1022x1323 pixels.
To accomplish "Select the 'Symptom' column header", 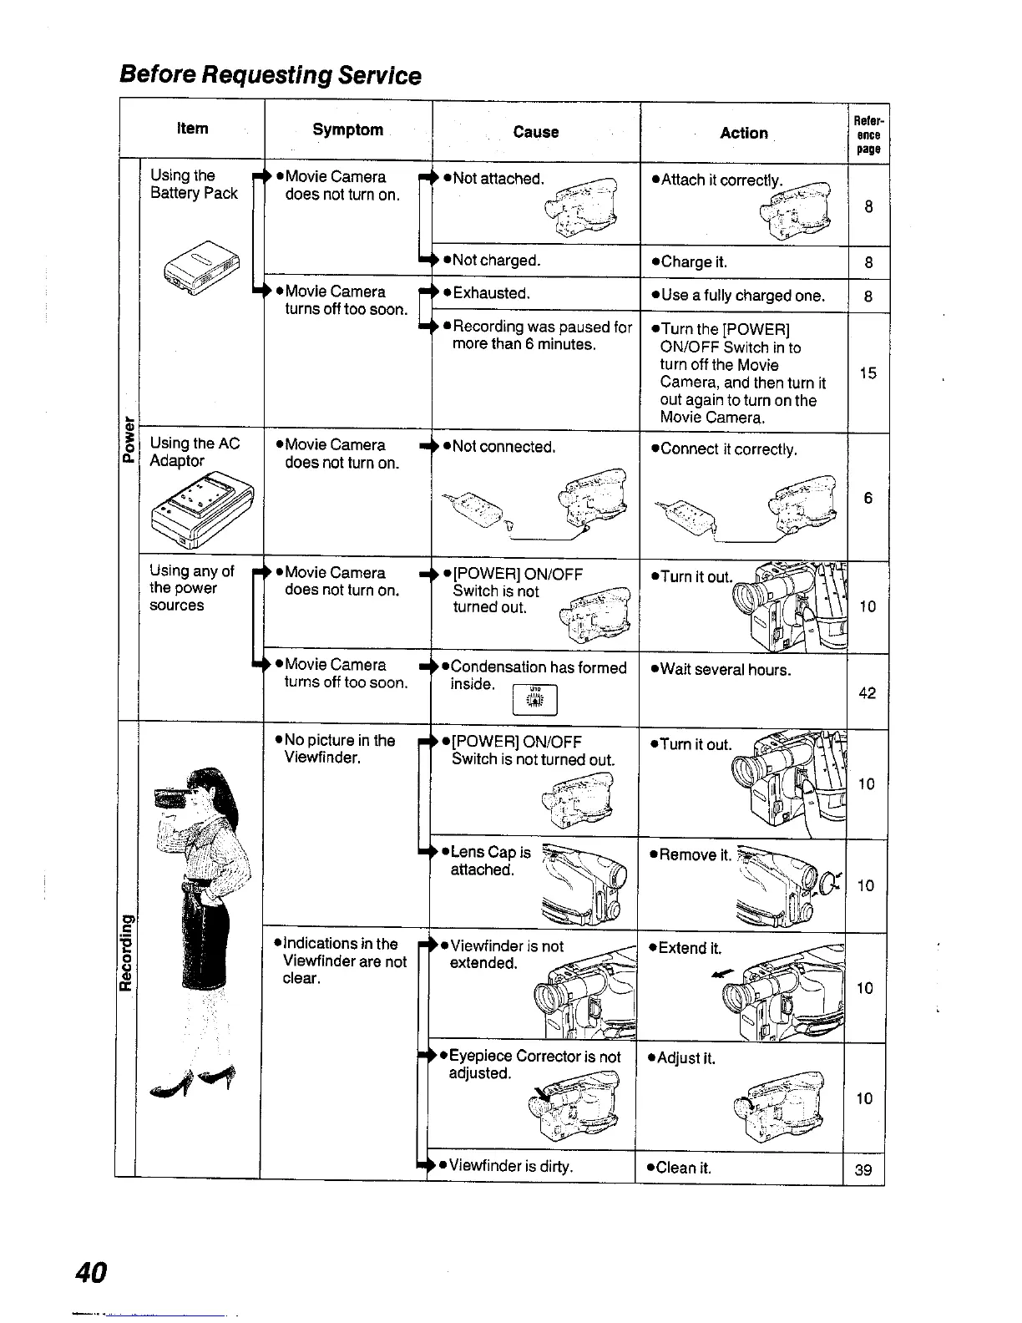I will coord(347,129).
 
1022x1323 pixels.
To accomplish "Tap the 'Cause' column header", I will coord(536,132).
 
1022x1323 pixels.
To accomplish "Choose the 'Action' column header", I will coord(744,133).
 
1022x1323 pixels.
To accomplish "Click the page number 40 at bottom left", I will coord(90,1272).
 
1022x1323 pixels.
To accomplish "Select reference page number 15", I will coord(868,373).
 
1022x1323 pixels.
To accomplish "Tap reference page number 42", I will coord(868,692).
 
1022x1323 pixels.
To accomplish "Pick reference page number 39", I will coord(864,1169).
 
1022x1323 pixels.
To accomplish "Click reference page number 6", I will coord(868,498).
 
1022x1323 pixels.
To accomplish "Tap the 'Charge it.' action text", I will coord(692,262).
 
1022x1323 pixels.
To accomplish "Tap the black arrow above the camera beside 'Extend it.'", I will coord(721,972).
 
